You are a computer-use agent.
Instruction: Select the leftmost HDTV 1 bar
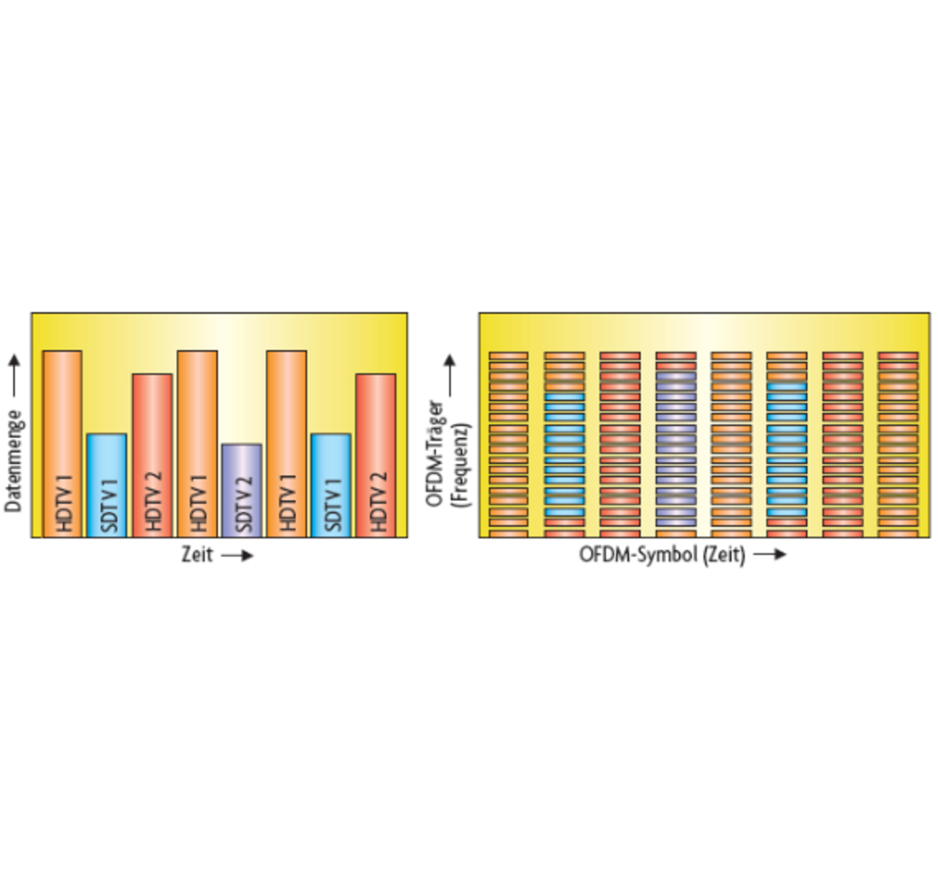[x=62, y=443]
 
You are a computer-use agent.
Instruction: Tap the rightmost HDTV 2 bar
[x=376, y=455]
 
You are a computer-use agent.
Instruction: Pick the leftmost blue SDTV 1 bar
[x=107, y=485]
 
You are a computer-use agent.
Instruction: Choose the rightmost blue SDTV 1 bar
[x=331, y=485]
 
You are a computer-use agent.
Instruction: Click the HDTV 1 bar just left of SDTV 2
[x=197, y=443]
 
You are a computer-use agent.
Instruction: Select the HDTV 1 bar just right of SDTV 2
[x=287, y=443]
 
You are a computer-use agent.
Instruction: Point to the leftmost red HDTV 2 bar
[x=152, y=455]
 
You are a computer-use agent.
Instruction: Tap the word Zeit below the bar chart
[x=197, y=555]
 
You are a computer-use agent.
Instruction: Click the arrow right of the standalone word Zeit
[x=237, y=555]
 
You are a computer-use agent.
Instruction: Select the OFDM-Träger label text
[x=435, y=453]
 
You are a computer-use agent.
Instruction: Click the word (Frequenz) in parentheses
[x=461, y=466]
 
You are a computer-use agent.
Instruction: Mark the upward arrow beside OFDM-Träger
[x=449, y=375]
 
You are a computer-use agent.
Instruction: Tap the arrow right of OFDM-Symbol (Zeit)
[x=769, y=555]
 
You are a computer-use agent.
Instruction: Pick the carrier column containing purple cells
[x=676, y=444]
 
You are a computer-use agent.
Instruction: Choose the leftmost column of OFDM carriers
[x=509, y=444]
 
